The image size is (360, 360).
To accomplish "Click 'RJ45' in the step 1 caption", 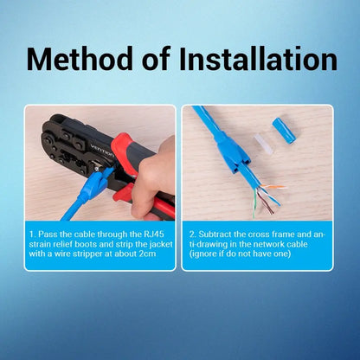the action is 156,235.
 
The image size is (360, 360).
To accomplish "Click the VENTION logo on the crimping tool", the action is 102,151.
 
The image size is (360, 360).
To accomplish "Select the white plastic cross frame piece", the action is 263,144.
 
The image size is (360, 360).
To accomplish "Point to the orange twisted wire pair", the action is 273,187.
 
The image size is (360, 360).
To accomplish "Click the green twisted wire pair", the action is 254,203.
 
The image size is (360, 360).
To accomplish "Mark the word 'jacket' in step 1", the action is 161,244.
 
